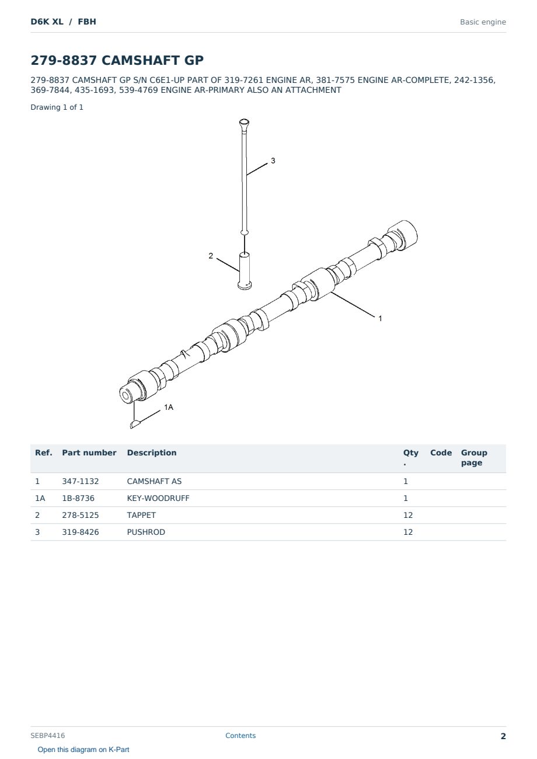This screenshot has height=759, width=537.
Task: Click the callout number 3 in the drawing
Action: pyautogui.click(x=273, y=161)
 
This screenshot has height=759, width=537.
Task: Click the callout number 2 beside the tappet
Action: pyautogui.click(x=211, y=256)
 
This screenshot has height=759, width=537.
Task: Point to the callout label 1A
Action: pyautogui.click(x=169, y=407)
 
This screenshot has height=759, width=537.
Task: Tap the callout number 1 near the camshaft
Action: pyautogui.click(x=380, y=318)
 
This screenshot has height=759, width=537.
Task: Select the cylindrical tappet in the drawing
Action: pyautogui.click(x=245, y=271)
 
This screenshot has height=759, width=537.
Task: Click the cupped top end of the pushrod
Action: pyautogui.click(x=244, y=123)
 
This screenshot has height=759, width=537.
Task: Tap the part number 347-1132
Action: pyautogui.click(x=81, y=481)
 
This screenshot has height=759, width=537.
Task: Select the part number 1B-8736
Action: pyautogui.click(x=78, y=498)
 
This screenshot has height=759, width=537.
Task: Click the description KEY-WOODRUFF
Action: pyautogui.click(x=158, y=498)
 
